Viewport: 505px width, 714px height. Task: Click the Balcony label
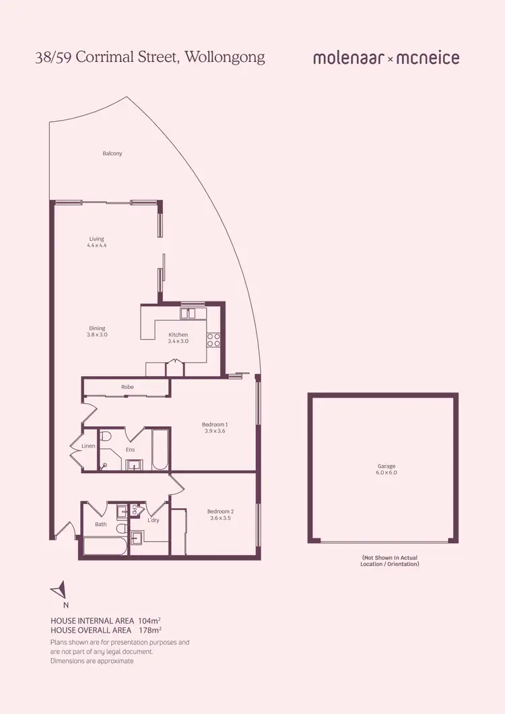pyautogui.click(x=112, y=153)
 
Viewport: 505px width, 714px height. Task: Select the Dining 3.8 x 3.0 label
pyautogui.click(x=97, y=331)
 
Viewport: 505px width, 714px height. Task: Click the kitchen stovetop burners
pyautogui.click(x=214, y=340)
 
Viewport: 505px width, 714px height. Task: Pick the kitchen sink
pyautogui.click(x=187, y=313)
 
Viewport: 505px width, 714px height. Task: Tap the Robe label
pyautogui.click(x=127, y=387)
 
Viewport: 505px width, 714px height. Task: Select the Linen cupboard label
pyautogui.click(x=88, y=446)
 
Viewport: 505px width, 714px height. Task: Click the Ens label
pyautogui.click(x=131, y=450)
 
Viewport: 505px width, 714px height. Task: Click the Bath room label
pyautogui.click(x=101, y=524)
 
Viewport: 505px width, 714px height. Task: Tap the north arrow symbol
pyautogui.click(x=59, y=590)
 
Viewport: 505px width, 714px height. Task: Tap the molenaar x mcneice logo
pyautogui.click(x=386, y=58)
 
